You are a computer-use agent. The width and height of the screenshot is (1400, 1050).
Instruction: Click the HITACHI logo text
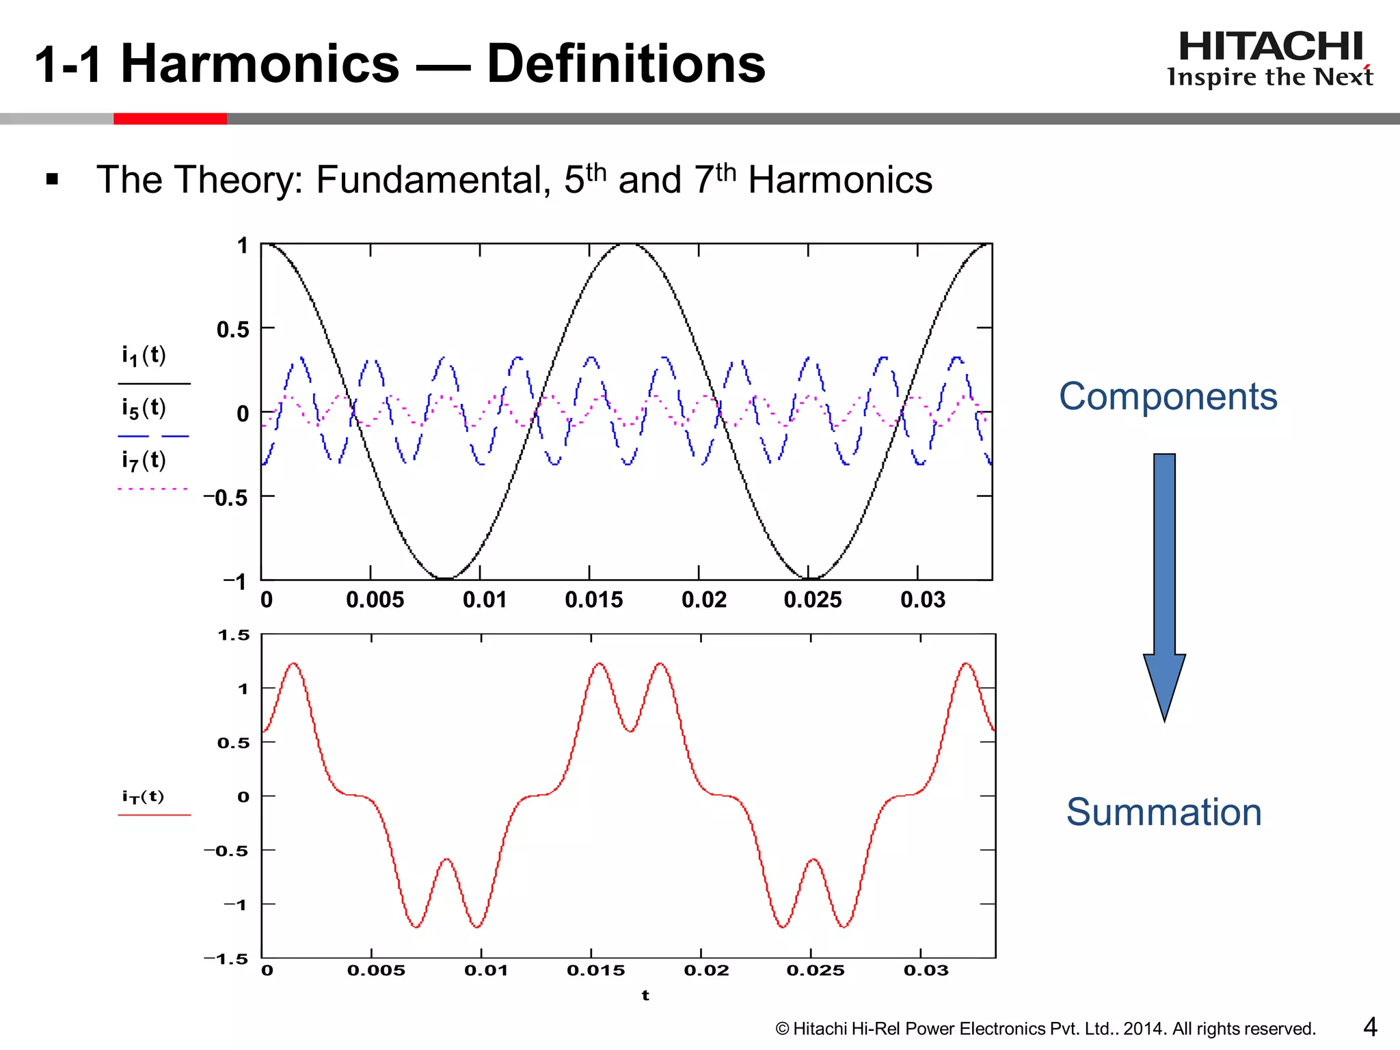tap(1270, 46)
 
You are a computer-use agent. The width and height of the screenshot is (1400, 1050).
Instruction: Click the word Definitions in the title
tap(625, 64)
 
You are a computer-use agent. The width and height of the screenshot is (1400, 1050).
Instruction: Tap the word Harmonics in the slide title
tap(260, 64)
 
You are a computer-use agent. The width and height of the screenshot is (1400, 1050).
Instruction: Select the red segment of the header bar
tap(170, 119)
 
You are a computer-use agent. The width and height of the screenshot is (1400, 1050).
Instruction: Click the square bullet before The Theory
tap(52, 180)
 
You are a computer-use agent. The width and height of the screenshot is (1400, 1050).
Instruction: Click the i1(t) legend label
tap(144, 355)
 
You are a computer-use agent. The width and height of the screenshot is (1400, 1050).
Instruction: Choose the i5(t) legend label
tap(144, 408)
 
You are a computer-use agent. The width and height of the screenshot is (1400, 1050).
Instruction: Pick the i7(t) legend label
tap(144, 461)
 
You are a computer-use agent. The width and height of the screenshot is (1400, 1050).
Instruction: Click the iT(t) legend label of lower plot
tap(144, 796)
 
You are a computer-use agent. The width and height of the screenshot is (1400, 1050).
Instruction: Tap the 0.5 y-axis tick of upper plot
tap(233, 329)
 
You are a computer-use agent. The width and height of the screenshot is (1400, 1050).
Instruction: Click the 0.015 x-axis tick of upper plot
tap(593, 600)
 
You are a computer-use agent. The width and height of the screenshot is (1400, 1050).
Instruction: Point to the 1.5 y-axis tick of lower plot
tap(234, 635)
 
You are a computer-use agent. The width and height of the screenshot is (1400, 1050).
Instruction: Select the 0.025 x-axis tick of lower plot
tap(815, 970)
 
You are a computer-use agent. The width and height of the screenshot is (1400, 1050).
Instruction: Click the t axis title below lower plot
tap(645, 995)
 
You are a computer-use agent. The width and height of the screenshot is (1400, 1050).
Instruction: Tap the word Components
tap(1168, 396)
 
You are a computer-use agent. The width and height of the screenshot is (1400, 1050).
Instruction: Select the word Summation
tap(1163, 812)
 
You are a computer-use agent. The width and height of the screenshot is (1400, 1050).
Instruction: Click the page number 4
tap(1370, 1027)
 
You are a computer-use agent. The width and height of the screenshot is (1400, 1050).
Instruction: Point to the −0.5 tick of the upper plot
tap(226, 498)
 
